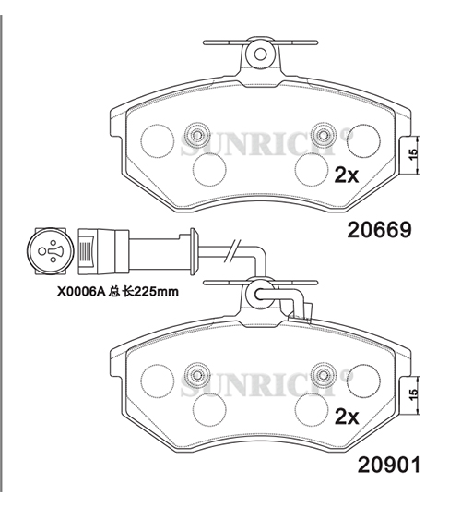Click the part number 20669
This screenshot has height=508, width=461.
click(380, 230)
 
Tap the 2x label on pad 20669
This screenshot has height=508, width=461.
click(347, 175)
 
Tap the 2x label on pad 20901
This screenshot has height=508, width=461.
click(347, 417)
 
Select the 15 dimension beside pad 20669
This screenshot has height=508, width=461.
click(413, 155)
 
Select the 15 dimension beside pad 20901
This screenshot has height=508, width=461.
click(413, 394)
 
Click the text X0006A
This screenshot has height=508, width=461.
click(79, 292)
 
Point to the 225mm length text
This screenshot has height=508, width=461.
click(156, 292)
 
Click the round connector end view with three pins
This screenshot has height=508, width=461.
click(50, 250)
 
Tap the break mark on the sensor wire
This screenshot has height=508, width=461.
click(233, 251)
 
